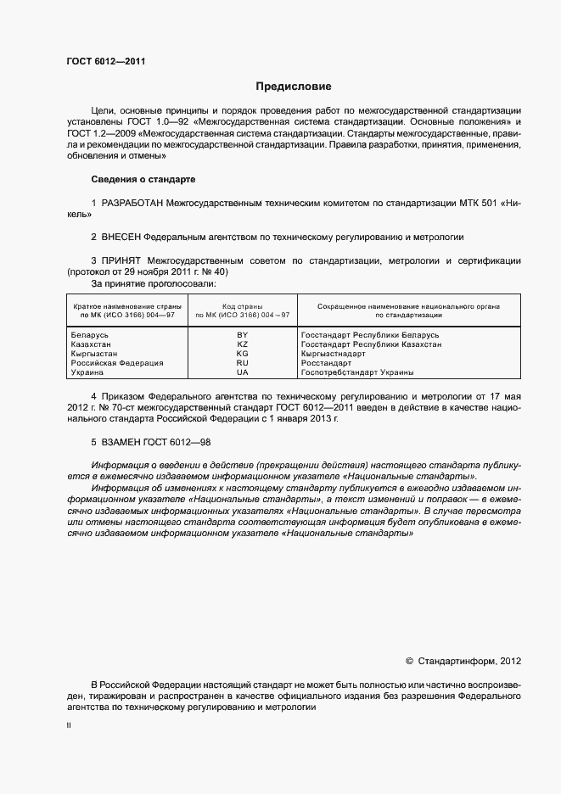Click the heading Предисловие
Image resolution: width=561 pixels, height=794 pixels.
click(x=295, y=87)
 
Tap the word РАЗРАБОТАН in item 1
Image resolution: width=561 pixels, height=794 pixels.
click(x=132, y=204)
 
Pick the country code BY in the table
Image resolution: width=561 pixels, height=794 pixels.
click(x=243, y=336)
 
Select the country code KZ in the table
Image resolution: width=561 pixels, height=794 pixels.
click(x=243, y=345)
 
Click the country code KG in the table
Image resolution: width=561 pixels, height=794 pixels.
click(x=243, y=354)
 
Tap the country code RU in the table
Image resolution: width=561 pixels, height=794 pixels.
click(x=243, y=363)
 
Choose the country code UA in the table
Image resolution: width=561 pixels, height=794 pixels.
click(x=243, y=372)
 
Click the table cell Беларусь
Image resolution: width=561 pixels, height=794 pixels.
click(x=91, y=336)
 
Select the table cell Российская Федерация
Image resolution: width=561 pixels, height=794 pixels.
click(x=117, y=363)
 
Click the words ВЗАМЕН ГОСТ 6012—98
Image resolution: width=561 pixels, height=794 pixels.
click(x=156, y=443)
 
